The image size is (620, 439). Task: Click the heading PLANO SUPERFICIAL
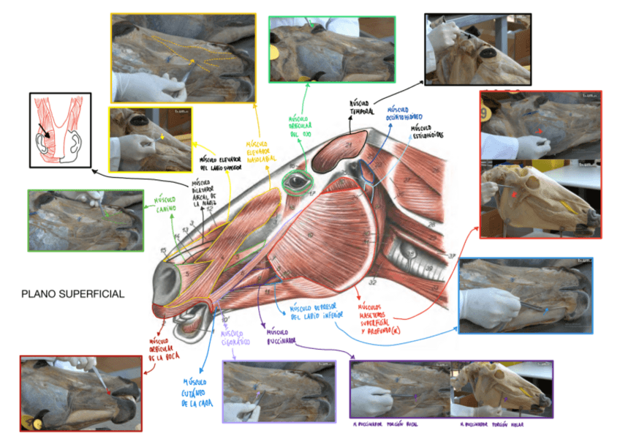[x=72, y=293]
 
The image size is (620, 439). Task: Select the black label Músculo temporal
[x=361, y=108]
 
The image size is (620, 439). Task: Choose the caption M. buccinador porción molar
[x=494, y=424]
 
